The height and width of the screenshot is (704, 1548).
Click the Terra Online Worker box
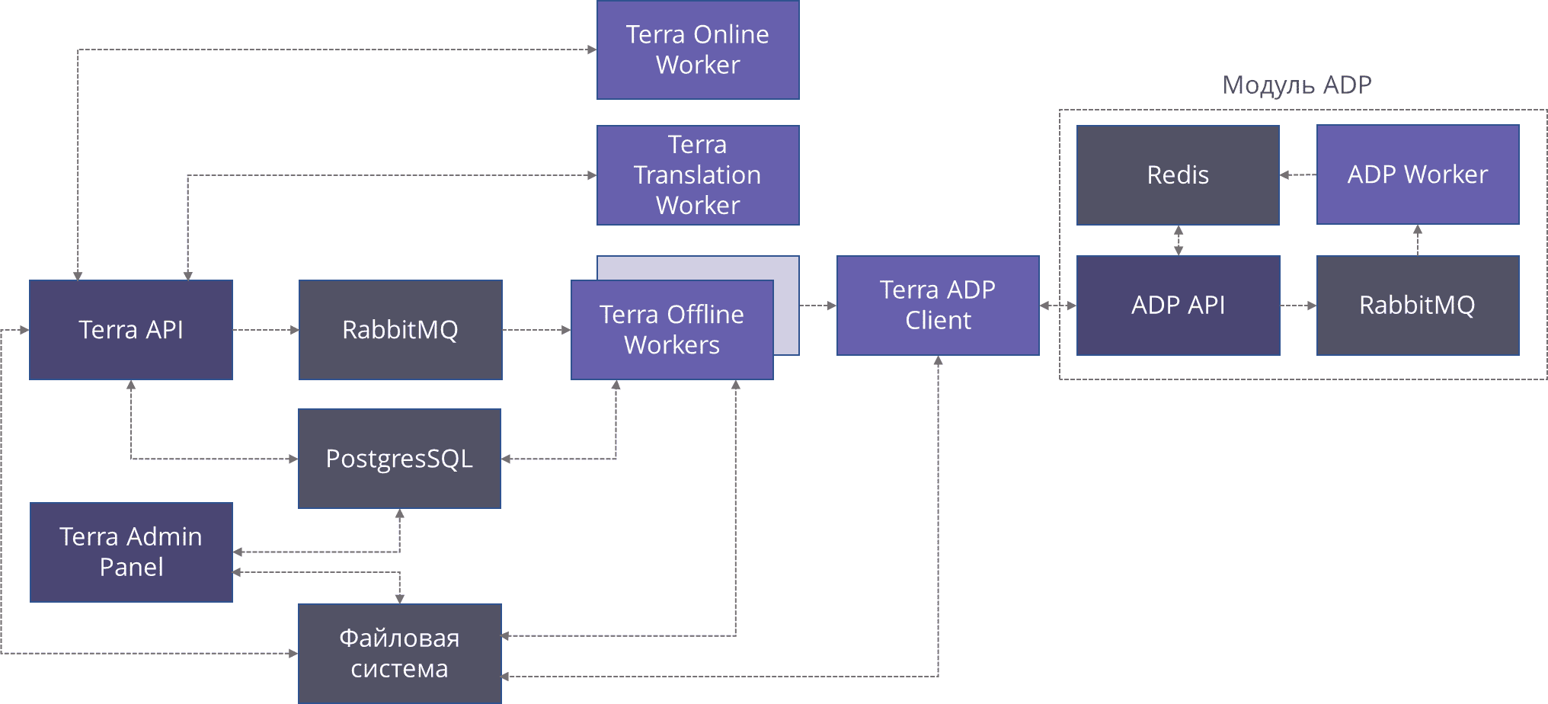(x=698, y=50)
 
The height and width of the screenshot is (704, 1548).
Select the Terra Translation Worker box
(x=698, y=175)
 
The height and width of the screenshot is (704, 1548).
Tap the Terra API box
(x=131, y=330)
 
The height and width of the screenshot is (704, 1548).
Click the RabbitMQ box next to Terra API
(x=400, y=330)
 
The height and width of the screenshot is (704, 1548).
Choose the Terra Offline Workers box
(x=672, y=330)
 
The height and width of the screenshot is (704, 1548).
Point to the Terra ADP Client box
(x=938, y=306)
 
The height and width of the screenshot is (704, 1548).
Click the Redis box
(x=1178, y=175)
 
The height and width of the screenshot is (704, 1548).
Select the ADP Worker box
(x=1418, y=174)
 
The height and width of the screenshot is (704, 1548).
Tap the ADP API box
(x=1178, y=306)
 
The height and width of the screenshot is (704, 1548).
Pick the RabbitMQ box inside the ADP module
(x=1418, y=306)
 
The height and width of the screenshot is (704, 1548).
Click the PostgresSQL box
(x=399, y=459)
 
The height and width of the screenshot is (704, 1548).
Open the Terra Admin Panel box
(x=131, y=552)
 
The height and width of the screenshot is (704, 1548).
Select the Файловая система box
(x=399, y=654)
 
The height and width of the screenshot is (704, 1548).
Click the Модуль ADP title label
(x=1297, y=85)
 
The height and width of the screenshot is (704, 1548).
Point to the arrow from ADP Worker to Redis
(x=1298, y=175)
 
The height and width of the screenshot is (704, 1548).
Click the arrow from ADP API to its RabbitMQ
(x=1298, y=306)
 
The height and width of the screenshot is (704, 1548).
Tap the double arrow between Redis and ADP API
(x=1178, y=241)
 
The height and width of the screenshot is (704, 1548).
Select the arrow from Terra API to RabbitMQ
(x=265, y=330)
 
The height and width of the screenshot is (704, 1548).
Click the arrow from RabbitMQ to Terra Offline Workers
(x=536, y=330)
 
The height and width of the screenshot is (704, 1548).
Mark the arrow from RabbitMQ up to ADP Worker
(x=1418, y=240)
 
